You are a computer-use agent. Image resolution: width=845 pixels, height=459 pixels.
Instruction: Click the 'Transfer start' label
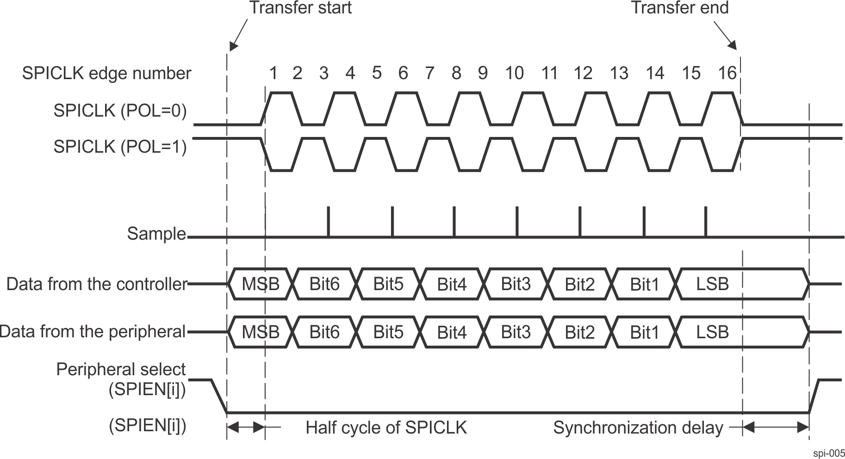coord(301,8)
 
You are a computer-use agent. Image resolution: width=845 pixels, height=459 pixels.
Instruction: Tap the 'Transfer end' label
coord(680,8)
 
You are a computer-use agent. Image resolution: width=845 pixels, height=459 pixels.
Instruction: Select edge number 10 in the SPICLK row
coord(515,73)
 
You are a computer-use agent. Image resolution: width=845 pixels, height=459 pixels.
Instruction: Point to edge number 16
coord(727,73)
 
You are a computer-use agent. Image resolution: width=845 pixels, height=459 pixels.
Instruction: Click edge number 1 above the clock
coord(273,73)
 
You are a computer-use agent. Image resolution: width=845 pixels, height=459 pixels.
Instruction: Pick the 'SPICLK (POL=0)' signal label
coord(120,111)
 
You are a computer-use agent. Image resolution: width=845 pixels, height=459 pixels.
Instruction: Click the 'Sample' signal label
coord(156,234)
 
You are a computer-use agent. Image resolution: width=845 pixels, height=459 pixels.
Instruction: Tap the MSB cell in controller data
coord(261,284)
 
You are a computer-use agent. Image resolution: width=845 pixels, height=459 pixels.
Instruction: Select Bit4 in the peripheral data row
coord(452,332)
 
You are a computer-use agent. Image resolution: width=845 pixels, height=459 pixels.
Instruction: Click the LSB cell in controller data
coord(713,284)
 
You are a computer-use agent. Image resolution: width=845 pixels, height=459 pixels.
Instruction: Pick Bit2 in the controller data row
coord(579,284)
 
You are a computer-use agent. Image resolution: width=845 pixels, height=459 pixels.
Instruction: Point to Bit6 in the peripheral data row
coord(325,332)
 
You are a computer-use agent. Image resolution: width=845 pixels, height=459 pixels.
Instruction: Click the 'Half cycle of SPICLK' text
coord(386,428)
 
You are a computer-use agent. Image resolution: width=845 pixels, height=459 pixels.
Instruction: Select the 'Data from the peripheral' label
coord(93,331)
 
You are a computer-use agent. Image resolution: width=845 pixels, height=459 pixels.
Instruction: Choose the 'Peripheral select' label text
coord(121,369)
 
